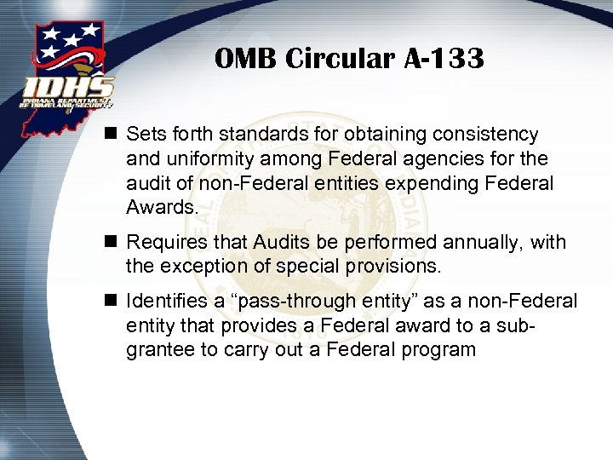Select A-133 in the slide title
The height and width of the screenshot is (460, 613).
pos(444,59)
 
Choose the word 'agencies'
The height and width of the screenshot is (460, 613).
pos(425,159)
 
